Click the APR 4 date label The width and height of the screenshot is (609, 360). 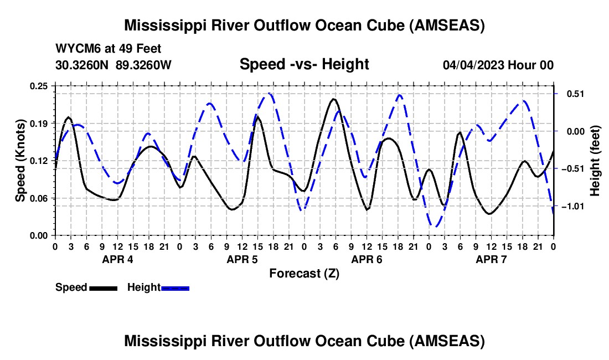(117, 259)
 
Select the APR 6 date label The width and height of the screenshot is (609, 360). (367, 259)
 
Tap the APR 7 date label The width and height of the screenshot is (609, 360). (491, 259)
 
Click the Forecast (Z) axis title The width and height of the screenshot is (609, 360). (304, 273)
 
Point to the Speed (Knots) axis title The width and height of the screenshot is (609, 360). (20, 161)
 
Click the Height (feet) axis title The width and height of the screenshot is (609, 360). (595, 161)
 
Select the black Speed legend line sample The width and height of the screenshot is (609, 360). (103, 288)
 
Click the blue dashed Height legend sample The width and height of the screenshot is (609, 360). (175, 288)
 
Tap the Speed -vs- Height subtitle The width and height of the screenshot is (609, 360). (304, 65)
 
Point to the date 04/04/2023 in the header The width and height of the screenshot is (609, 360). (473, 65)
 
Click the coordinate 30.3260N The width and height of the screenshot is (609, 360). (82, 65)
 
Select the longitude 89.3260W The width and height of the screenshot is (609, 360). (143, 65)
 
